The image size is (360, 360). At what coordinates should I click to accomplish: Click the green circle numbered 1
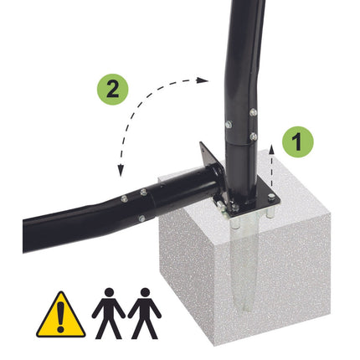pos(298,141)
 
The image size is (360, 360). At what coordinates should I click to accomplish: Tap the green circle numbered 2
pos(112,90)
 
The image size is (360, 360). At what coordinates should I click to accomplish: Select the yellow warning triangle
pos(60,315)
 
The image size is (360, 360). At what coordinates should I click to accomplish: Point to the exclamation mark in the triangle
pos(60,317)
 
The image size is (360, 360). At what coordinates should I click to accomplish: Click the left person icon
pos(109,314)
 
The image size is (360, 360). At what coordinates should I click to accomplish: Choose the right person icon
pos(145,314)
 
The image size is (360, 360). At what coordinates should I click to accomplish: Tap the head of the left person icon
pos(109,293)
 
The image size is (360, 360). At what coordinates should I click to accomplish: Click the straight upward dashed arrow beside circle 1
pos(271,167)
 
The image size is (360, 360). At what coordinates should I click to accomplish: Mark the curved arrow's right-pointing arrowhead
pos(202,80)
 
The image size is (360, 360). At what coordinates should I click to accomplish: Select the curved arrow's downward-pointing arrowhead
pos(121,171)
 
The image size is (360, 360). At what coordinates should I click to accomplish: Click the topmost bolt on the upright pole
pos(253,112)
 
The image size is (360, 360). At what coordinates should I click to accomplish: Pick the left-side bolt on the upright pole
pos(229,124)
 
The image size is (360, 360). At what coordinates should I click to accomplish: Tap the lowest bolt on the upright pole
pos(254,136)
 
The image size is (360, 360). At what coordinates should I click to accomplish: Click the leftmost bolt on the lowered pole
pos(124,199)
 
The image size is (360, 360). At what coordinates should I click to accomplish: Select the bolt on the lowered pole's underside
pos(141,219)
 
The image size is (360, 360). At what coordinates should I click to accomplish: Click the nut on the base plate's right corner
pos(271,198)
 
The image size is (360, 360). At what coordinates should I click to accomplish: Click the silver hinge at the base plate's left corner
pos(222,207)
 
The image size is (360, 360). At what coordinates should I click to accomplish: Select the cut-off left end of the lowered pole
pos(27,236)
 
